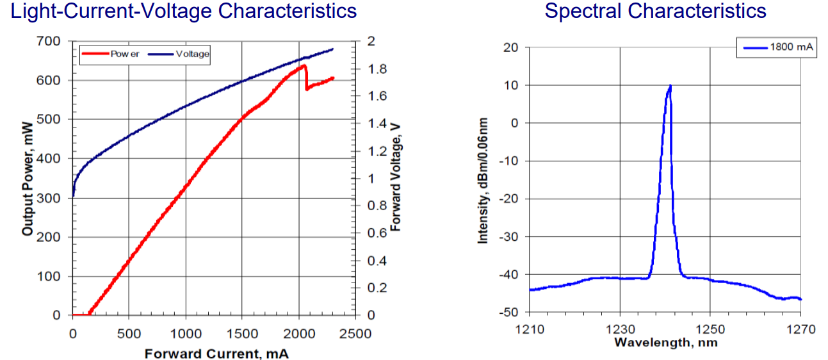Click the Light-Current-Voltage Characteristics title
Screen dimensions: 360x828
179,11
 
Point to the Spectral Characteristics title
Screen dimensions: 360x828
655,11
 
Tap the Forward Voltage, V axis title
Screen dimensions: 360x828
395,177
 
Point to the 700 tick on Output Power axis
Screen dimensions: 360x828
51,42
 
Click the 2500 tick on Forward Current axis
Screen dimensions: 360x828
355,334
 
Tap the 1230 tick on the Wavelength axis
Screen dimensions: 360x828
620,330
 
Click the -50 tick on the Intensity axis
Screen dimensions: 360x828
510,312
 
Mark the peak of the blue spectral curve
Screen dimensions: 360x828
670,86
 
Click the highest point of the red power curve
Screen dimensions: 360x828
304,65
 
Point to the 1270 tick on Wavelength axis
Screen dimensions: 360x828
801,330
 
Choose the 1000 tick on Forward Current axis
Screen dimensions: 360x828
186,334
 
